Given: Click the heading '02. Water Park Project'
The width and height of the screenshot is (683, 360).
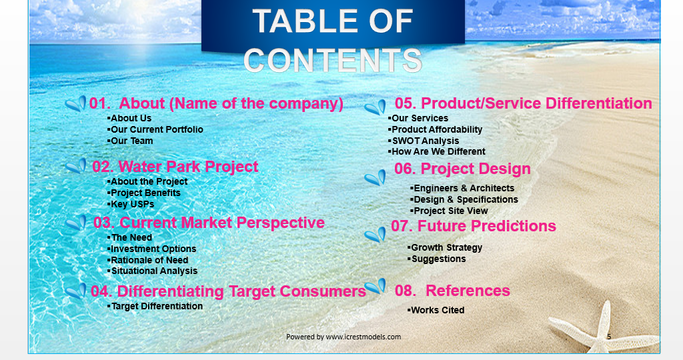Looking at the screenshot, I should tap(175, 167).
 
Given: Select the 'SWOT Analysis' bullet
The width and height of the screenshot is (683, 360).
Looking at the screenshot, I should tap(425, 141).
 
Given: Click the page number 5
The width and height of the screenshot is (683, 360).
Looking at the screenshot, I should tap(609, 337).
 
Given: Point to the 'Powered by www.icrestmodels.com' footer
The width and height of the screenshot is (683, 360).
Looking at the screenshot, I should tap(344, 337).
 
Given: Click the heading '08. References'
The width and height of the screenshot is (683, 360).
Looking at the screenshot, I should tap(452, 291).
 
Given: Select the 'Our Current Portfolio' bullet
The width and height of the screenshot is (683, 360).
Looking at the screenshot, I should tap(156, 129).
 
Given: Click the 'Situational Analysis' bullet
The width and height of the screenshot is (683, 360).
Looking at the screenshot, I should tap(153, 271).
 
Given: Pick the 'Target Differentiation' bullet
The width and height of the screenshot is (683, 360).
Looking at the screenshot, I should tap(156, 306).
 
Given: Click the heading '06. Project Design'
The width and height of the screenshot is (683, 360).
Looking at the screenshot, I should tap(462, 169).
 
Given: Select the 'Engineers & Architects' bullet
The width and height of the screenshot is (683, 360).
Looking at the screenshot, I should tap(463, 188).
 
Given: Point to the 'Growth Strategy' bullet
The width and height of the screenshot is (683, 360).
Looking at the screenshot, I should tap(446, 247).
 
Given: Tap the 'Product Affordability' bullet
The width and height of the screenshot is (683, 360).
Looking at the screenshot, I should tap(436, 129).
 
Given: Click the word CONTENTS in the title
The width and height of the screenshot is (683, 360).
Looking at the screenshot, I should tap(333, 60).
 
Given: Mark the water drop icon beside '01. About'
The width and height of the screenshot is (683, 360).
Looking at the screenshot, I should tap(76, 104).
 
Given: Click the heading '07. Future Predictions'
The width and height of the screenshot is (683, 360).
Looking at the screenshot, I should tap(474, 226).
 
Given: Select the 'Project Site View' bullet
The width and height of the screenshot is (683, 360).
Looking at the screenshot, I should tap(450, 211).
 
